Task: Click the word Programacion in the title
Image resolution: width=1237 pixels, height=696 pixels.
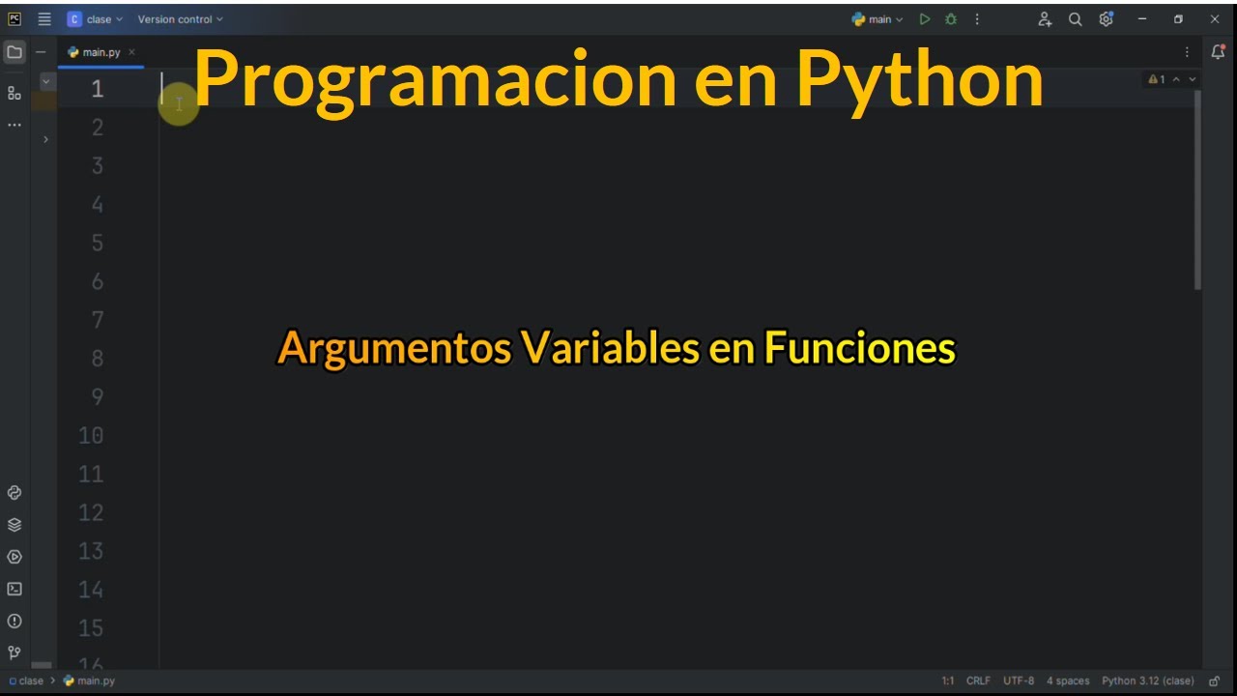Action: tap(435, 79)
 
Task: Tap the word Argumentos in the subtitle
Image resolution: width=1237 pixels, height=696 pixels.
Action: tap(393, 348)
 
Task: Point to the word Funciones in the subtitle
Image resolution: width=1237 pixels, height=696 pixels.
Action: tap(859, 348)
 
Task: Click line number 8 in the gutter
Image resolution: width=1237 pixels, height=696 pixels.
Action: tap(98, 359)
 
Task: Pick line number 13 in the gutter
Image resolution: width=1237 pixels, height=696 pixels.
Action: tap(91, 551)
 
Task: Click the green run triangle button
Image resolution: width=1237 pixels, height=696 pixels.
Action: tap(925, 19)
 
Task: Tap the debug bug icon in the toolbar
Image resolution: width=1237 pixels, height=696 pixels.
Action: tap(951, 19)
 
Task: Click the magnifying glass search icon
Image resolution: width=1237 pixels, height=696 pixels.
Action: tap(1075, 19)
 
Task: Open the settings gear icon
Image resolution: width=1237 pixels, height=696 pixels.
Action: tap(1107, 19)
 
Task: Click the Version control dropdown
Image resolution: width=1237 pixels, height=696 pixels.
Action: tap(180, 19)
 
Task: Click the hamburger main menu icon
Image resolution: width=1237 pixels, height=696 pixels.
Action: tap(44, 19)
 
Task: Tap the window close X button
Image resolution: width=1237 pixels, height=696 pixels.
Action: tap(1215, 19)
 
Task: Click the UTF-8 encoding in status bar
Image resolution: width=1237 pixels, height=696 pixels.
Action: tap(1019, 681)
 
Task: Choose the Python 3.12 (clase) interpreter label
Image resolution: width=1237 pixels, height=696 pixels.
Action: tap(1148, 681)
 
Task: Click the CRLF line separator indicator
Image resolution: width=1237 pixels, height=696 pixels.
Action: tap(978, 681)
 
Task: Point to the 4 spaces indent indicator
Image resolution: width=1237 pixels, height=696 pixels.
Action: tap(1068, 681)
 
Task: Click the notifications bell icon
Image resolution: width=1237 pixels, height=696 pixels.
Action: tap(1218, 52)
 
